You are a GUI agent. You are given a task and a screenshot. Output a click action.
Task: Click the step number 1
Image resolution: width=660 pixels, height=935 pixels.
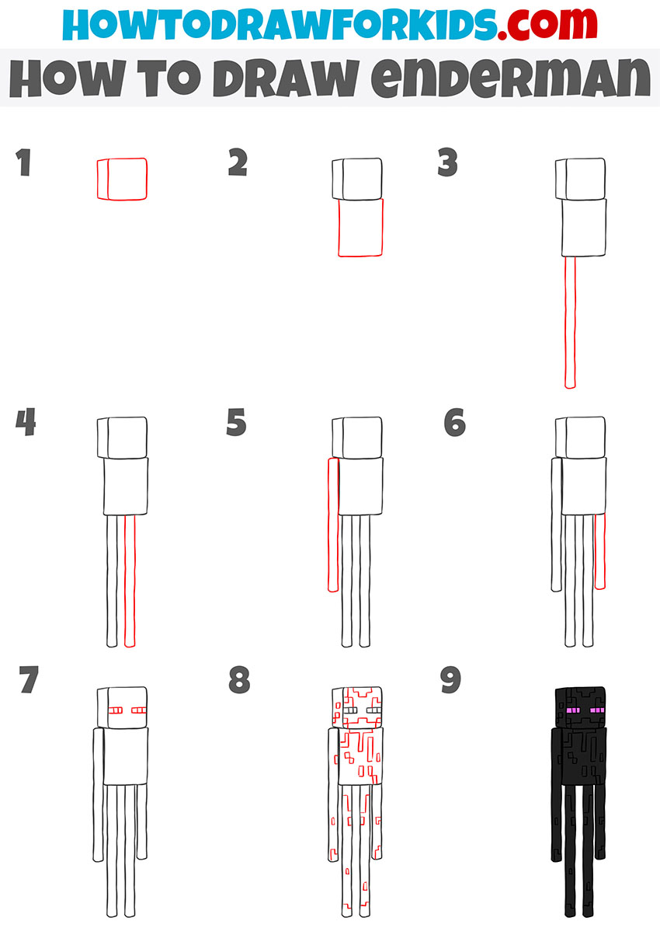[x=24, y=162]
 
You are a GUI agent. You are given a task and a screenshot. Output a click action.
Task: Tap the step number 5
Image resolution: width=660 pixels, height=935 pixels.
[x=236, y=422]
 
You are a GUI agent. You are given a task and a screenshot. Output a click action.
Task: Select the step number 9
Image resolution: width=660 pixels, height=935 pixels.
[x=450, y=679]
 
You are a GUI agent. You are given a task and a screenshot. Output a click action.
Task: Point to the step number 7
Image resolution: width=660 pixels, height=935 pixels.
[x=29, y=679]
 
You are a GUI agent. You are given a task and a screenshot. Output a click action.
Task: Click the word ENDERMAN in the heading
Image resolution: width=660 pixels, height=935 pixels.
[x=510, y=78]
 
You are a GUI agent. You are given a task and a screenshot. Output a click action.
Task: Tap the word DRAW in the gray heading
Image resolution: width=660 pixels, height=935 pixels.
[x=286, y=78]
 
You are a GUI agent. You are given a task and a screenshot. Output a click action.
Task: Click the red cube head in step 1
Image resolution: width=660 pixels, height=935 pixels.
[x=122, y=179]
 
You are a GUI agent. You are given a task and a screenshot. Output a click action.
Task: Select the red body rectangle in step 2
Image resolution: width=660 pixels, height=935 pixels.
[x=360, y=228]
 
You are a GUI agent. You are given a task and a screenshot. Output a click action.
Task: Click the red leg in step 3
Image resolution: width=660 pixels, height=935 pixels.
[x=570, y=323]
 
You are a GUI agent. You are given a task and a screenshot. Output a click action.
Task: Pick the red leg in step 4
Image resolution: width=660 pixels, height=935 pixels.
[x=130, y=581]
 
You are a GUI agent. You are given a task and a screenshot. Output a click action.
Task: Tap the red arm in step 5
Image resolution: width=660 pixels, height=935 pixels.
[x=334, y=525]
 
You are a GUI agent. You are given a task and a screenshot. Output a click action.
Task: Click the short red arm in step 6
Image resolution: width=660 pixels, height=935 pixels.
[x=600, y=552]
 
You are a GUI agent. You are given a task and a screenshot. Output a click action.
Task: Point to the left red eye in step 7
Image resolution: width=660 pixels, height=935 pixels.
[x=116, y=710]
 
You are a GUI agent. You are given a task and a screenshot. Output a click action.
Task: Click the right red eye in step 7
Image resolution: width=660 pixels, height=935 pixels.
[x=139, y=710]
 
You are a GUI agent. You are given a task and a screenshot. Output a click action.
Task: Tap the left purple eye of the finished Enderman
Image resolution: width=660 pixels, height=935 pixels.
[x=573, y=710]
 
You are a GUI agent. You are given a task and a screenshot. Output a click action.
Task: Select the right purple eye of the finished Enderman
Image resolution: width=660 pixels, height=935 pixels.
[x=597, y=710]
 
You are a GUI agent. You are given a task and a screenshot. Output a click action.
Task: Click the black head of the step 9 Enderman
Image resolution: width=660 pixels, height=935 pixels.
[x=580, y=708]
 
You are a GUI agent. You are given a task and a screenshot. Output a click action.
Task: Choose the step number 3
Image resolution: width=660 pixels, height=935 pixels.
[x=447, y=162]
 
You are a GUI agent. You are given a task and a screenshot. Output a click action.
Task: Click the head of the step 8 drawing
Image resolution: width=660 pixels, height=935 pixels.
[x=357, y=708]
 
